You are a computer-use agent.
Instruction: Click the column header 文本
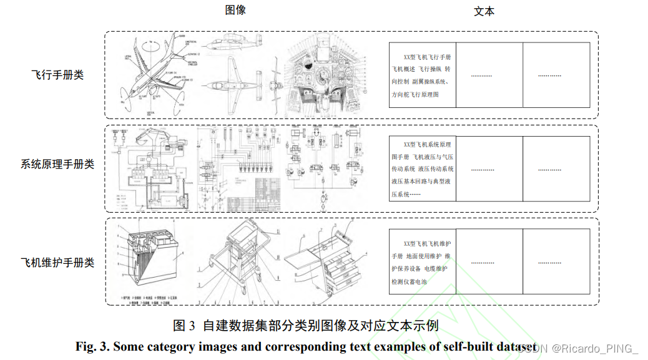(484, 12)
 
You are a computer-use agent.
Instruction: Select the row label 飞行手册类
(57, 75)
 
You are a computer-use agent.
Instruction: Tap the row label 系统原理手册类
(57, 164)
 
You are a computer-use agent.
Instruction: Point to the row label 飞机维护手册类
(57, 262)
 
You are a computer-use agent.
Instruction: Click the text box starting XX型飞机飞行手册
(423, 75)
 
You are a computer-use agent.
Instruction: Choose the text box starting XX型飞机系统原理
(423, 169)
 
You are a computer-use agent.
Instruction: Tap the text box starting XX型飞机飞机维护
(423, 262)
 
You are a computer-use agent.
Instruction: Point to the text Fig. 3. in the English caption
(92, 346)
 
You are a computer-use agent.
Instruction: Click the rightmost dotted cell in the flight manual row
(550, 75)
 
